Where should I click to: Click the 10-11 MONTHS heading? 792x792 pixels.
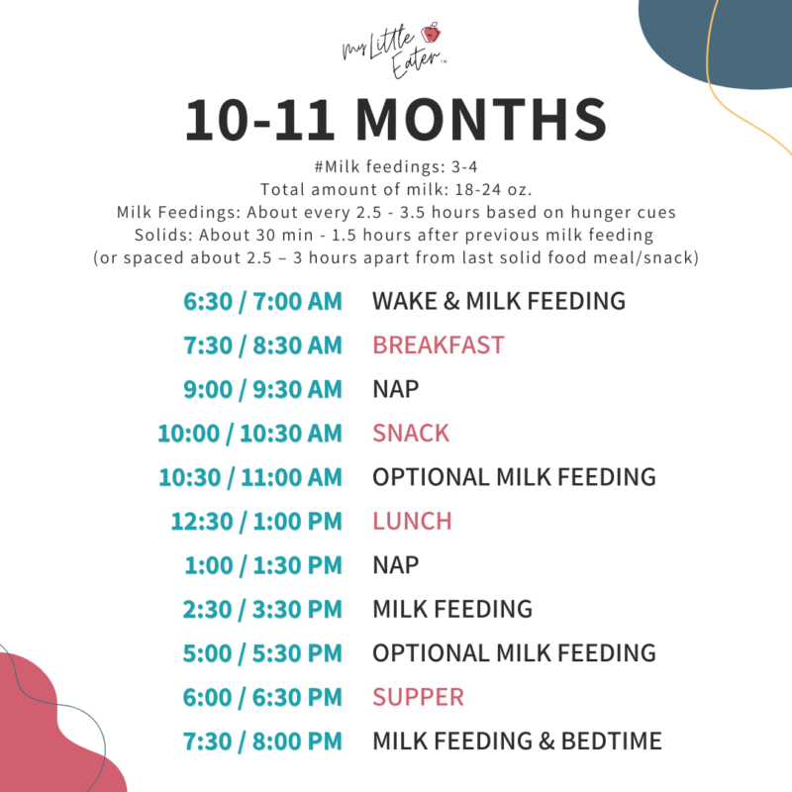[396, 120]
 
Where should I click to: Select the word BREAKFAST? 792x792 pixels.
[438, 346]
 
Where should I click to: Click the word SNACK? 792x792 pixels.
[410, 434]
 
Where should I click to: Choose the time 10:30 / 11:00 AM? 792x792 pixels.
[249, 477]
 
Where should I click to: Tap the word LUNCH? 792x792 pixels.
[412, 521]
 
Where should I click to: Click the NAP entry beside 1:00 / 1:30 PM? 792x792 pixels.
[395, 565]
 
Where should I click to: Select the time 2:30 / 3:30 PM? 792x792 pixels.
[262, 609]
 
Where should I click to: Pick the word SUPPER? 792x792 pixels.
[418, 697]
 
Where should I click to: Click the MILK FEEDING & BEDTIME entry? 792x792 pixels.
[517, 742]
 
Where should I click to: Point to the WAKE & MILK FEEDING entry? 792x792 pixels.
[499, 301]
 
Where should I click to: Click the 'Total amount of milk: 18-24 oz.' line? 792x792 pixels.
[396, 190]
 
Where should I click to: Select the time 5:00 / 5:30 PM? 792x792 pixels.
[262, 653]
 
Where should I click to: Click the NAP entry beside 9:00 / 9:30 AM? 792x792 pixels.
[395, 389]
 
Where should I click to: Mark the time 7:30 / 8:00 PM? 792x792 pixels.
[262, 742]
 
